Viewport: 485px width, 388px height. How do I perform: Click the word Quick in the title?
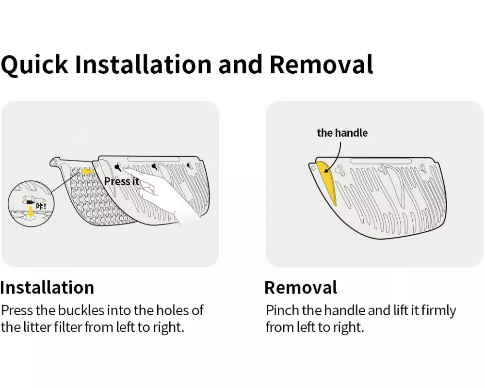pyautogui.click(x=34, y=65)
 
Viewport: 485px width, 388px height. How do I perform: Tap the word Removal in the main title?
pyautogui.click(x=321, y=65)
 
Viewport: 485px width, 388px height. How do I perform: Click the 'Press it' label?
pyautogui.click(x=122, y=181)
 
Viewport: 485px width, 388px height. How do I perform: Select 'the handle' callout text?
pyautogui.click(x=342, y=133)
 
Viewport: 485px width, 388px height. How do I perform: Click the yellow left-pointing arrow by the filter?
pyautogui.click(x=88, y=171)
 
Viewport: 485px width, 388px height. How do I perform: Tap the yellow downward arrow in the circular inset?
pyautogui.click(x=30, y=212)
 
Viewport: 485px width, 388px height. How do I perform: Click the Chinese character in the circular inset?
pyautogui.click(x=40, y=206)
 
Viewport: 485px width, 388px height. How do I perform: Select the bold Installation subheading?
pyautogui.click(x=47, y=288)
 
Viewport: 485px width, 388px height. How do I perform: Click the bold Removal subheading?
pyautogui.click(x=301, y=288)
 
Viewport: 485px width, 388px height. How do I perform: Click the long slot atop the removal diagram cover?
pyautogui.click(x=380, y=161)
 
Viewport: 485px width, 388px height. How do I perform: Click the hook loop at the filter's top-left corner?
pyautogui.click(x=54, y=162)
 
